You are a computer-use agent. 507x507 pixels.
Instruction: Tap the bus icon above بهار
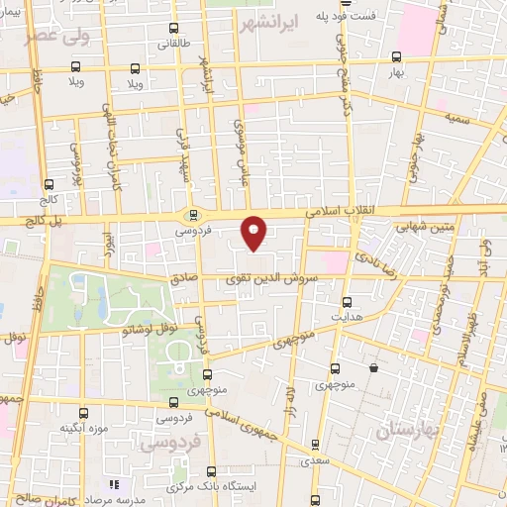pos(396,56)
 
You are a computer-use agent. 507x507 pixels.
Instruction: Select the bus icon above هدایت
pos(347,302)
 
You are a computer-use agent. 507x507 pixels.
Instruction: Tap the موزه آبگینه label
pos(83,427)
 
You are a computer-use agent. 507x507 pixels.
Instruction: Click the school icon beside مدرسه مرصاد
pos(113,484)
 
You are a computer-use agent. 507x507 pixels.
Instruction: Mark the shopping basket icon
pos(373,368)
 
